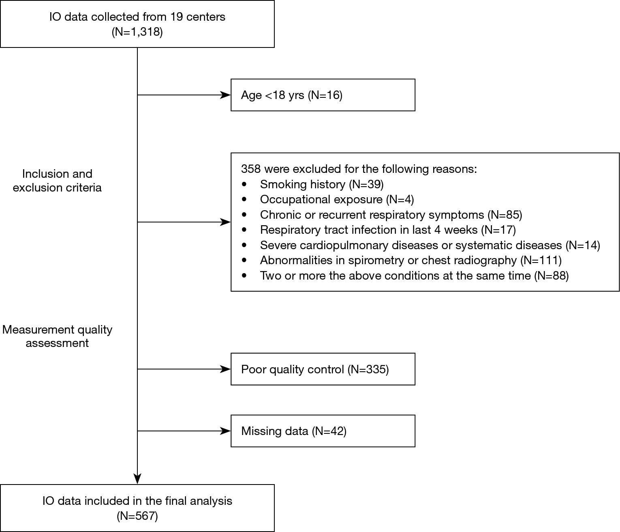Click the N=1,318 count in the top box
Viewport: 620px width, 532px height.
[137, 32]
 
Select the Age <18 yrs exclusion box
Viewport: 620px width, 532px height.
[323, 95]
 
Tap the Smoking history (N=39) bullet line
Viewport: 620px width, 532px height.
[321, 184]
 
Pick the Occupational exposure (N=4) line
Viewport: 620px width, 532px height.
[337, 200]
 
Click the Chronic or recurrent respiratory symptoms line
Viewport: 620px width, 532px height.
[391, 215]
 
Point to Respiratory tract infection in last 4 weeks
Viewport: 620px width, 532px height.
[388, 230]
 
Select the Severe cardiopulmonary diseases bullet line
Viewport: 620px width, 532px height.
[430, 245]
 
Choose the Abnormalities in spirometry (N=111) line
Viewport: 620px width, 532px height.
[410, 260]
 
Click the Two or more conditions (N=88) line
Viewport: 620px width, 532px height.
[414, 276]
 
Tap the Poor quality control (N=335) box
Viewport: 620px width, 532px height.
[323, 369]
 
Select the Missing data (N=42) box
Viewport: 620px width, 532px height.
[323, 431]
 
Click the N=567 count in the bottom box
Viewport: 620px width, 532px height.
[137, 516]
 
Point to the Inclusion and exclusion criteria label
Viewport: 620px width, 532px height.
[57, 181]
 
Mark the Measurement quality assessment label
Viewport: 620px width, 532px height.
[57, 336]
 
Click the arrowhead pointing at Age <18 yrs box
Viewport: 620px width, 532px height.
[226, 95]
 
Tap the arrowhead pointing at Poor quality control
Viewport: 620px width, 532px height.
[226, 369]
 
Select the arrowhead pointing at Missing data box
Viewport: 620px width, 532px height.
[226, 431]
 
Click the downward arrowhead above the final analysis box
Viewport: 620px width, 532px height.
[137, 479]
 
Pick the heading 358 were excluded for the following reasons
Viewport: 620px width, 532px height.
[359, 169]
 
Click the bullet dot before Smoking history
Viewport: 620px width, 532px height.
[244, 184]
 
